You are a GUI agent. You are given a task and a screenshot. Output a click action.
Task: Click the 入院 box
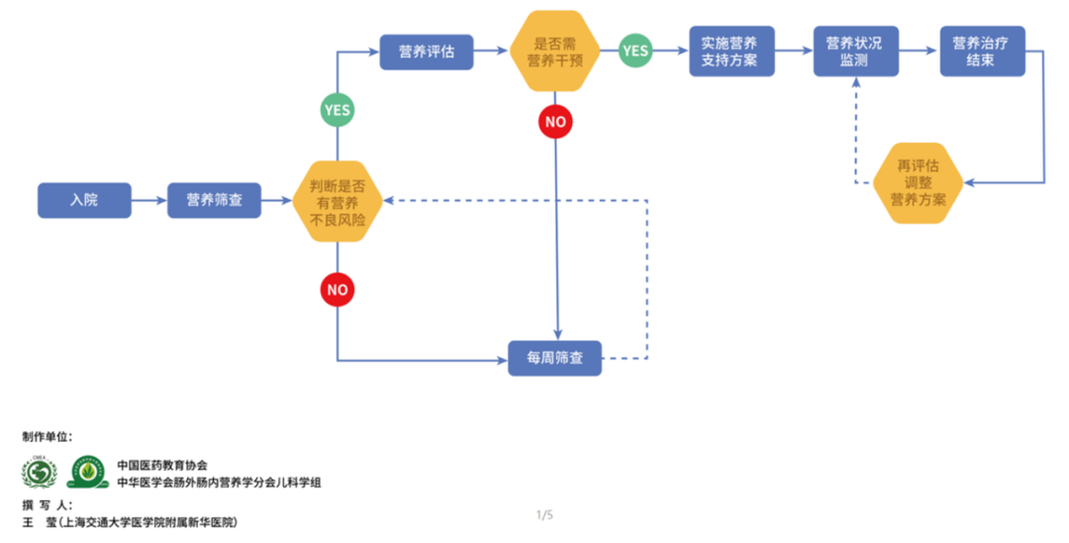tap(84, 200)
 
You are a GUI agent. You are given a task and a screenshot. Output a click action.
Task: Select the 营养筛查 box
tap(214, 200)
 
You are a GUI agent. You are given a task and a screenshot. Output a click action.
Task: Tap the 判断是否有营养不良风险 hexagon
tap(338, 201)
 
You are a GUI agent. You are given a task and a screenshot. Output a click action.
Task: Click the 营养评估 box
tap(427, 52)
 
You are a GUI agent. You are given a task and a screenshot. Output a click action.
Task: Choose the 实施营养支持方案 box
tap(730, 52)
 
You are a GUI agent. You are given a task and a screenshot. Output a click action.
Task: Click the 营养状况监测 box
tap(855, 52)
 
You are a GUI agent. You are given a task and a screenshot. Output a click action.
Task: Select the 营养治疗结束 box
tap(981, 52)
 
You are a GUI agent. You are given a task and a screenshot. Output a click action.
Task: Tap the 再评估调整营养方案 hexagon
tap(918, 182)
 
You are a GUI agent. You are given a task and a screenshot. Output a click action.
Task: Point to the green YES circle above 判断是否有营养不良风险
tap(338, 110)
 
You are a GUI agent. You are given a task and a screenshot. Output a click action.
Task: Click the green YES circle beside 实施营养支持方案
tap(635, 51)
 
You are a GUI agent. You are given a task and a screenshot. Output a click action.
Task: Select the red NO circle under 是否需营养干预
tap(555, 122)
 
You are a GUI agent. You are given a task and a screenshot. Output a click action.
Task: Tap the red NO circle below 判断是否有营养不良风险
tap(338, 290)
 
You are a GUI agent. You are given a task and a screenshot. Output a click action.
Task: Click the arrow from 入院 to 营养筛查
tap(148, 200)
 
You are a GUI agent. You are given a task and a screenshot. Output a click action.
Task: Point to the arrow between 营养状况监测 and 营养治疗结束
tap(920, 52)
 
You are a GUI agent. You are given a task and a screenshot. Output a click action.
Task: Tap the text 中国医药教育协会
tap(162, 465)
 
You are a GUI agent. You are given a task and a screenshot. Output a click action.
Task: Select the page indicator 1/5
tap(544, 514)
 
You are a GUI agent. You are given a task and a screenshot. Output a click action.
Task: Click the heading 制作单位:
tap(48, 436)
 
